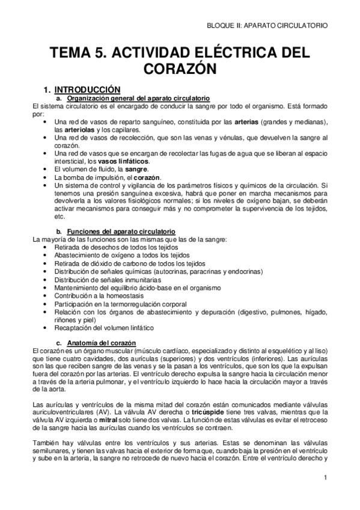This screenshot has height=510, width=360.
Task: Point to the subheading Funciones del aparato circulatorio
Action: click(x=121, y=232)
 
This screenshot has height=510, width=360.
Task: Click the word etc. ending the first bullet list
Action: click(x=59, y=217)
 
